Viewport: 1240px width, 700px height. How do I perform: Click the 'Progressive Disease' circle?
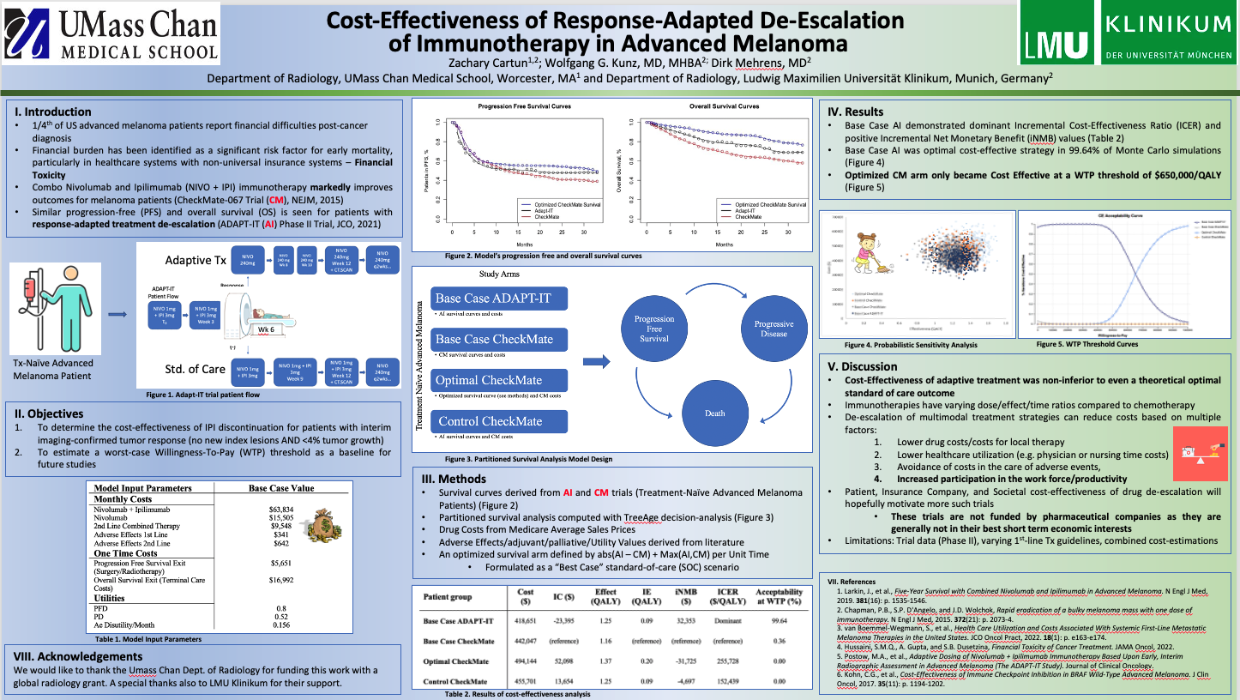point(773,329)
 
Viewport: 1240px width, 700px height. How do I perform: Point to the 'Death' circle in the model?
point(714,413)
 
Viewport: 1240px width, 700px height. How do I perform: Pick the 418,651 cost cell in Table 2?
point(526,620)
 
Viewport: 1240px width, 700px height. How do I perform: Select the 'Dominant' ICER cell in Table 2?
point(728,620)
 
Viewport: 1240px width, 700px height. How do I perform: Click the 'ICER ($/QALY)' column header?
point(728,597)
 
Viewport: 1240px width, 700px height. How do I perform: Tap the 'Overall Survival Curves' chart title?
point(724,107)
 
